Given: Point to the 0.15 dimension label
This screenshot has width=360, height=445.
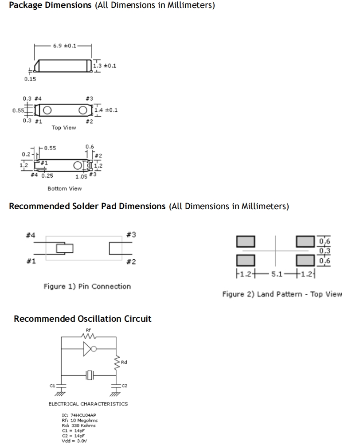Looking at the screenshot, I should (30, 79).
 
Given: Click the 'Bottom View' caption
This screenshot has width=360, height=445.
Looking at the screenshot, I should (64, 188).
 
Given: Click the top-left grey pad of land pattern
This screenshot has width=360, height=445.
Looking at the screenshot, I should (247, 242).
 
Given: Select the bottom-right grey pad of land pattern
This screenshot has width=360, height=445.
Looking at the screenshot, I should (305, 260).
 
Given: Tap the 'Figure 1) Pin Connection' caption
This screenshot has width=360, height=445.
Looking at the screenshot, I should (87, 286).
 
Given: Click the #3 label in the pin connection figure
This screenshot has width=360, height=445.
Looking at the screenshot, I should (131, 235).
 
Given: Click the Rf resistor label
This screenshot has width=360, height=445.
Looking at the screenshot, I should (88, 330).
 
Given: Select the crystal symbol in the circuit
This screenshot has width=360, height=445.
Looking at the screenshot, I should (90, 375).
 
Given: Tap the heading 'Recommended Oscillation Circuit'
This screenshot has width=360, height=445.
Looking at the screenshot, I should (83, 319).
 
